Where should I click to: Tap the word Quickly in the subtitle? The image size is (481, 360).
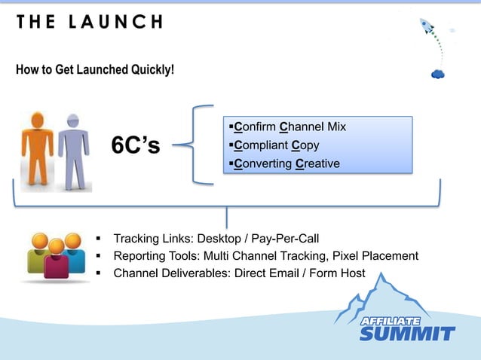tap(151, 71)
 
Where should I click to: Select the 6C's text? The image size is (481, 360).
tap(136, 145)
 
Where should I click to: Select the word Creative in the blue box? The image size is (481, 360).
tap(317, 163)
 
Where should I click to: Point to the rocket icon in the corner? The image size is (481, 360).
tap(430, 29)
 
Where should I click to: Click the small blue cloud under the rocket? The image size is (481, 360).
tap(437, 74)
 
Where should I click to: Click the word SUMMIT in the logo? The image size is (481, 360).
tap(407, 334)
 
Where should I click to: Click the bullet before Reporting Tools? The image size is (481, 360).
tap(99, 257)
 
